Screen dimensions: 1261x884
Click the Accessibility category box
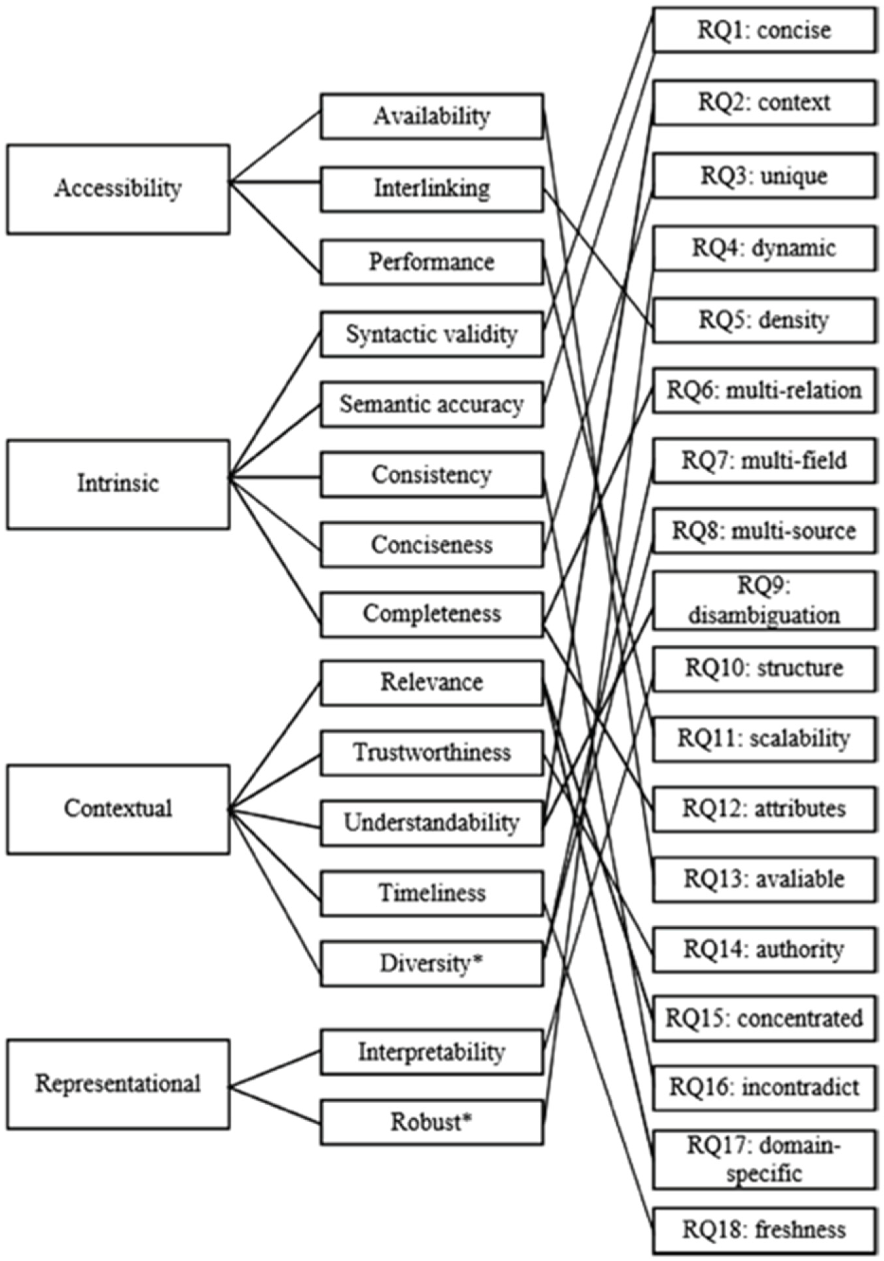coord(118,189)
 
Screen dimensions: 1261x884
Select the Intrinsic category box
coord(118,484)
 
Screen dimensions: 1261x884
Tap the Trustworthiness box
coord(432,752)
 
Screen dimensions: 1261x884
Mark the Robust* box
coord(432,1122)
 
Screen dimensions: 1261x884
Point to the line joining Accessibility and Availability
coord(275,147)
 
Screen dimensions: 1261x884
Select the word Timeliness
coord(432,893)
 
